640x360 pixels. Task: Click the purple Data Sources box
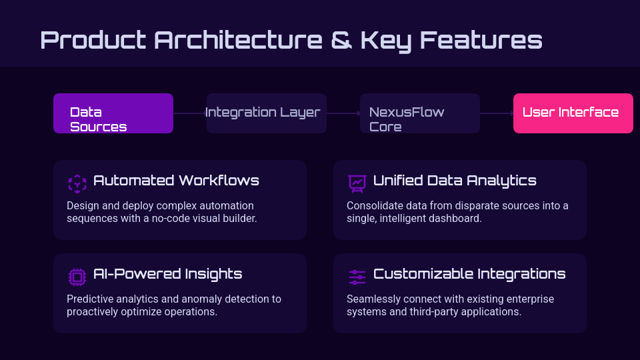tap(113, 113)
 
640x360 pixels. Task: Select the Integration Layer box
tap(267, 113)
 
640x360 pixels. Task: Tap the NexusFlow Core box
tap(420, 113)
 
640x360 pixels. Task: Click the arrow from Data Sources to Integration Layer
tap(190, 113)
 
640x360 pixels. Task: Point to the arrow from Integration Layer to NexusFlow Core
tap(343, 113)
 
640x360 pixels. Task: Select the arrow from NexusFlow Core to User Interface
tap(497, 113)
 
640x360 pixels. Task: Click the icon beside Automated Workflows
tap(77, 183)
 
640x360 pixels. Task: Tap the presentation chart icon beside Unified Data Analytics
tap(357, 183)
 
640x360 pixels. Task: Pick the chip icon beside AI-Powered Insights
tap(77, 277)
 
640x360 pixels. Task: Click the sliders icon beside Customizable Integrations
tap(357, 277)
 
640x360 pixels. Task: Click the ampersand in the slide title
tap(341, 40)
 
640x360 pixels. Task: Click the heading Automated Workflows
tap(176, 181)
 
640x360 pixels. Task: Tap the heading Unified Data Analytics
tap(455, 181)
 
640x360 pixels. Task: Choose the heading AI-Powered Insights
tap(167, 274)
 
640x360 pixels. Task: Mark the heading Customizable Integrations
tap(469, 274)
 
